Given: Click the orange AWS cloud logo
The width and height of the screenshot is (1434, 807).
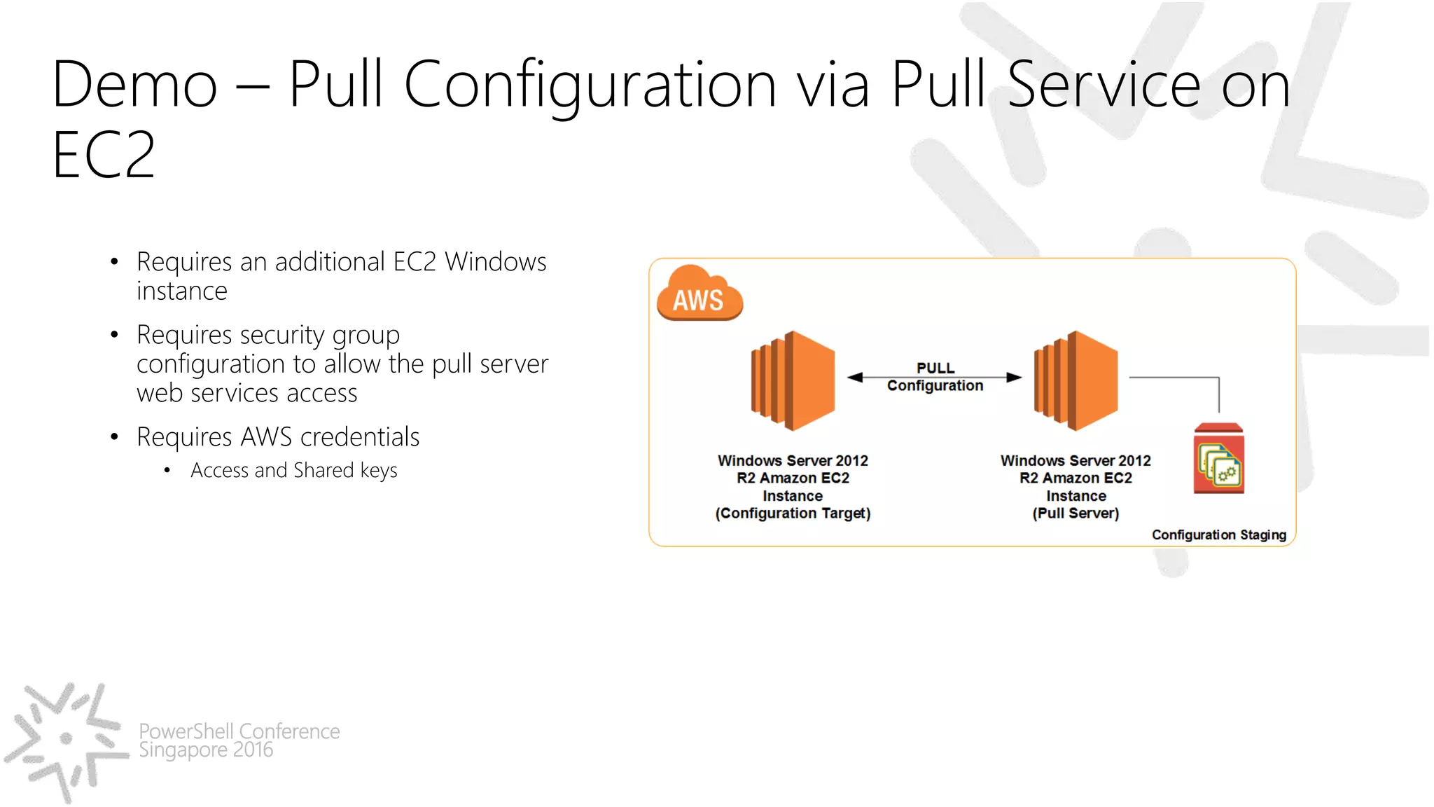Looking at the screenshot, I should click(699, 294).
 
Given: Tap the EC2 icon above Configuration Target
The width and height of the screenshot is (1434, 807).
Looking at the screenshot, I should click(793, 380).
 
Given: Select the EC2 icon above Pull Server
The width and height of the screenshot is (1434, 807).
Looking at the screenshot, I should click(1075, 380).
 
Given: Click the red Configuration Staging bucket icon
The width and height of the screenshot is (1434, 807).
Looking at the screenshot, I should click(1218, 459).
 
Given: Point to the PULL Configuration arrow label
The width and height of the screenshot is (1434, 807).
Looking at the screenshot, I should click(935, 377).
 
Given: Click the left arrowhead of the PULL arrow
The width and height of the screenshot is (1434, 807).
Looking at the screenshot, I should click(855, 378).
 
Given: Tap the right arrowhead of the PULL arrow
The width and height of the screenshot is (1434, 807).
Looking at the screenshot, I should click(1014, 378).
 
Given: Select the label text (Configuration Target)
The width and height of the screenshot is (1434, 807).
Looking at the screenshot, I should click(793, 513).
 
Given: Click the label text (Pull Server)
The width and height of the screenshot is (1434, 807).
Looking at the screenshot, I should click(1075, 513).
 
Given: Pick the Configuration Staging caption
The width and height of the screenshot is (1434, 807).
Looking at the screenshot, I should click(1218, 535).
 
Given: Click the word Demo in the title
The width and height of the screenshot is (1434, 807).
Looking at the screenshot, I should click(134, 85).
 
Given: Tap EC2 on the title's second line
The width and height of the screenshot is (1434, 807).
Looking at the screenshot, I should click(104, 156).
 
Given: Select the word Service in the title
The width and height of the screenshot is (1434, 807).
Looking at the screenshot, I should click(1104, 85).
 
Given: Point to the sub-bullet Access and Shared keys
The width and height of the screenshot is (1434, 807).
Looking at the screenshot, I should click(293, 471).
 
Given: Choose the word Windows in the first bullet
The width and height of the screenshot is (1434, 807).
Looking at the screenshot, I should click(496, 262).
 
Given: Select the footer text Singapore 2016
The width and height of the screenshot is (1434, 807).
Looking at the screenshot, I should click(206, 750).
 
